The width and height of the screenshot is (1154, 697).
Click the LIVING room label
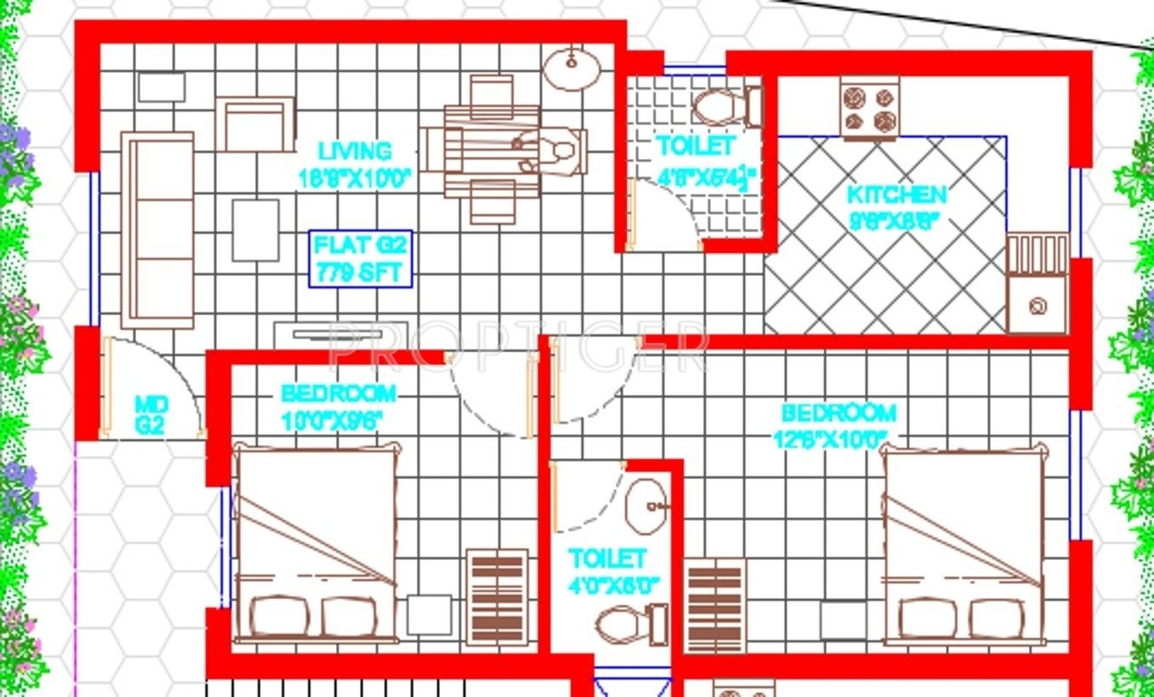[355, 151]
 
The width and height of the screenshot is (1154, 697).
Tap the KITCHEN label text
[896, 194]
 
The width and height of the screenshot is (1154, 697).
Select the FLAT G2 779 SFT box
[361, 259]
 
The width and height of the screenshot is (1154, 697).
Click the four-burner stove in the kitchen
[869, 108]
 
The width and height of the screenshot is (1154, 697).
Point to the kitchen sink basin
[1038, 307]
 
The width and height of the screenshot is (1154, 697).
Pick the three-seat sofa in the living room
[158, 230]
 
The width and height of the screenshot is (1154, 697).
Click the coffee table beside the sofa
[255, 230]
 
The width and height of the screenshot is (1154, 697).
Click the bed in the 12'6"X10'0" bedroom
[964, 545]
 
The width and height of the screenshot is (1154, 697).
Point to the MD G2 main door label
[149, 415]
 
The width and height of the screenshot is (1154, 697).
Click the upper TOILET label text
[695, 145]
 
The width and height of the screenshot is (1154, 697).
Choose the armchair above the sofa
[255, 123]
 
